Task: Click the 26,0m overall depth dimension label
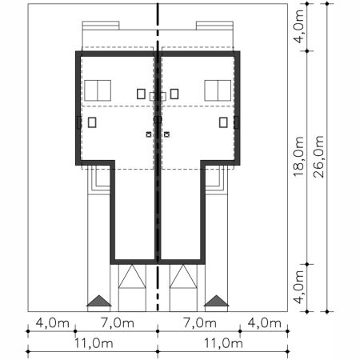319,157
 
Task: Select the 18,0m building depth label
298,156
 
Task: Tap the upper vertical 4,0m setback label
298,26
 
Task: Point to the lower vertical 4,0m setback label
298,287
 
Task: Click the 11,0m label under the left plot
94,343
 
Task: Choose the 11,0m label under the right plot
223,343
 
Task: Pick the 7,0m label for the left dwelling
118,323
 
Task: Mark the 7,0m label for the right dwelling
200,323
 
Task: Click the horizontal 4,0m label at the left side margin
53,323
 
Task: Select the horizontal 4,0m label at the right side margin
265,323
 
